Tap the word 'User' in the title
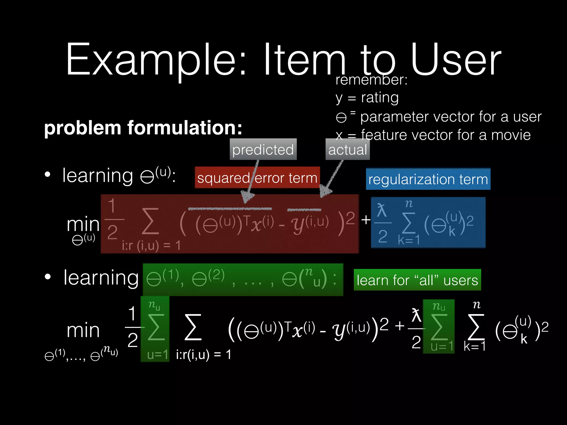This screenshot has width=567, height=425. (456, 59)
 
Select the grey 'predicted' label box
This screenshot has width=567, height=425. (263, 149)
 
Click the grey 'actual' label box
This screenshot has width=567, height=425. (347, 149)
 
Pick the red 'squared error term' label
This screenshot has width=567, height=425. (257, 178)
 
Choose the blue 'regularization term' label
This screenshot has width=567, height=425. (428, 179)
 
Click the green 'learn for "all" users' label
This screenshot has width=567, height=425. (417, 280)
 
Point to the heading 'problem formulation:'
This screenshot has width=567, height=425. (143, 128)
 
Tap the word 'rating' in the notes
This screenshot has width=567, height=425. (380, 97)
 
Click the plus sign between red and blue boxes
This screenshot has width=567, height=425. (366, 220)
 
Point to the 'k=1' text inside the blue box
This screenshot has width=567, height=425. (409, 240)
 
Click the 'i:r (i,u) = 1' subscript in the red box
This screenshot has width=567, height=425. (151, 245)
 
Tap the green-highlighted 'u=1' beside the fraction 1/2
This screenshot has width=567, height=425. (157, 354)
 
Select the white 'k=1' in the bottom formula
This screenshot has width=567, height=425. (475, 346)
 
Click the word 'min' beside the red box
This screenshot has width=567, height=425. (83, 224)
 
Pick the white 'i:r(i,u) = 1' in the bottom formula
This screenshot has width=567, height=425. (203, 354)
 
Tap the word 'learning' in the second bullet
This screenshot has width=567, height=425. (101, 278)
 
